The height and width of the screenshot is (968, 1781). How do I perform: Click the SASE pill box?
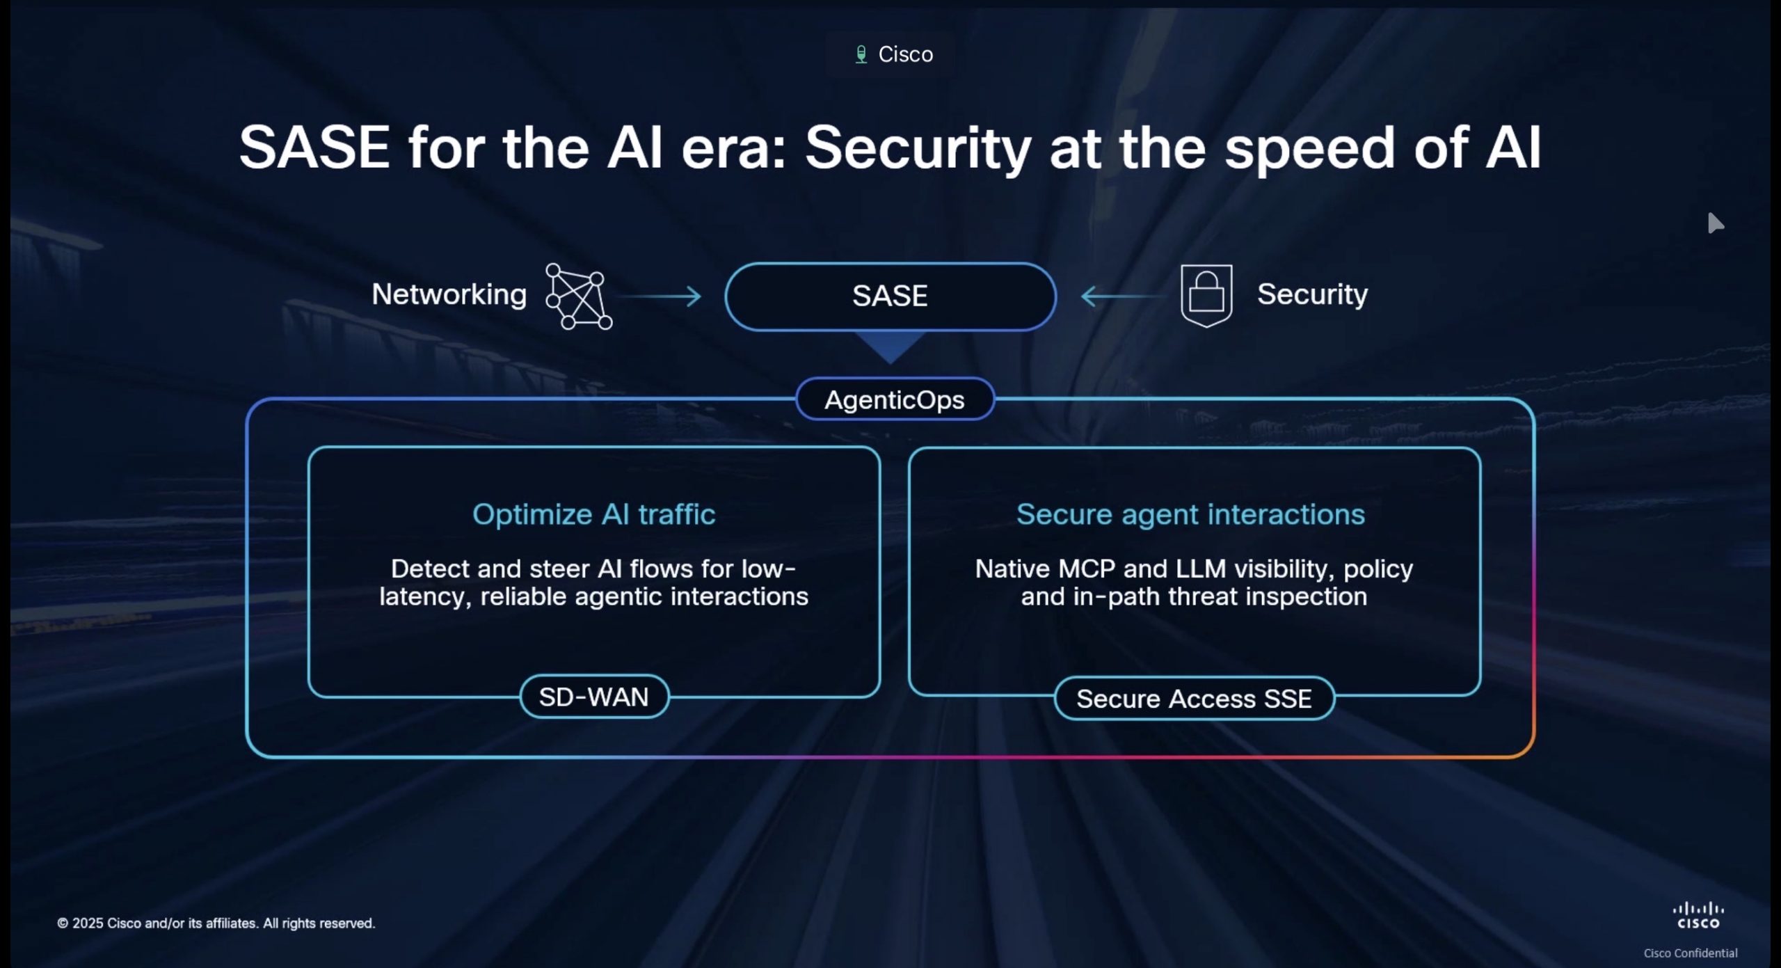(x=890, y=296)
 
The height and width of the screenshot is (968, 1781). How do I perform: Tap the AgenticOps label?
(x=895, y=399)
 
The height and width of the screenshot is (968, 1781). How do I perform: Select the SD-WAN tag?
(x=594, y=697)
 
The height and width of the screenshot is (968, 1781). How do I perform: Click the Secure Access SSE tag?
(x=1194, y=698)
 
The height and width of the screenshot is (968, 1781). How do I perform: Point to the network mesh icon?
(x=579, y=296)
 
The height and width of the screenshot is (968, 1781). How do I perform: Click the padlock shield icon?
(x=1206, y=296)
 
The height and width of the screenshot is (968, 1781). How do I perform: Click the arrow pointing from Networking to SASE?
(x=661, y=296)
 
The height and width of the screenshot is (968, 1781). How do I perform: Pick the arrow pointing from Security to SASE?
(x=1122, y=296)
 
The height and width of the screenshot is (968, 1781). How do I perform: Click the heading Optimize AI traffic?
(x=594, y=514)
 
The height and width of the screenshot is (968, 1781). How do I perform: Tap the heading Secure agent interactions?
(x=1190, y=515)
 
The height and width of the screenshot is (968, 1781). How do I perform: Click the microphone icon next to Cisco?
(x=861, y=54)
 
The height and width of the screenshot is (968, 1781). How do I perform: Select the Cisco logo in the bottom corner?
(x=1698, y=915)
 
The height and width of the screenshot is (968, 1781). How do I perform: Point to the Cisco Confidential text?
(x=1691, y=953)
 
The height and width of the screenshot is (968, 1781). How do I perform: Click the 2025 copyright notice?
(x=216, y=923)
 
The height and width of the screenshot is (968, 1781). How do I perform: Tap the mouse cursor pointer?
(x=1715, y=223)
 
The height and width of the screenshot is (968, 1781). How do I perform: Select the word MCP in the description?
(x=1086, y=569)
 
